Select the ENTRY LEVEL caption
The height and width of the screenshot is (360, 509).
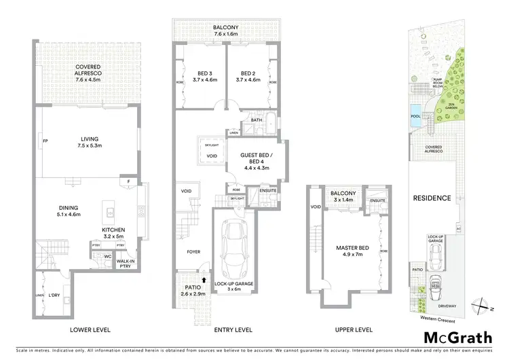pyautogui.click(x=214, y=329)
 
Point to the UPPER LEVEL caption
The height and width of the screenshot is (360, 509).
pyautogui.click(x=354, y=329)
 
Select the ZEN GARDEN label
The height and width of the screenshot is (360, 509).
pyautogui.click(x=451, y=107)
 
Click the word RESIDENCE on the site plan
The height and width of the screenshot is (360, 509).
pyautogui.click(x=432, y=198)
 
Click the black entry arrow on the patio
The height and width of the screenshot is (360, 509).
pyautogui.click(x=203, y=278)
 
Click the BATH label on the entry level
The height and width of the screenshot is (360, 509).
pyautogui.click(x=256, y=120)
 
